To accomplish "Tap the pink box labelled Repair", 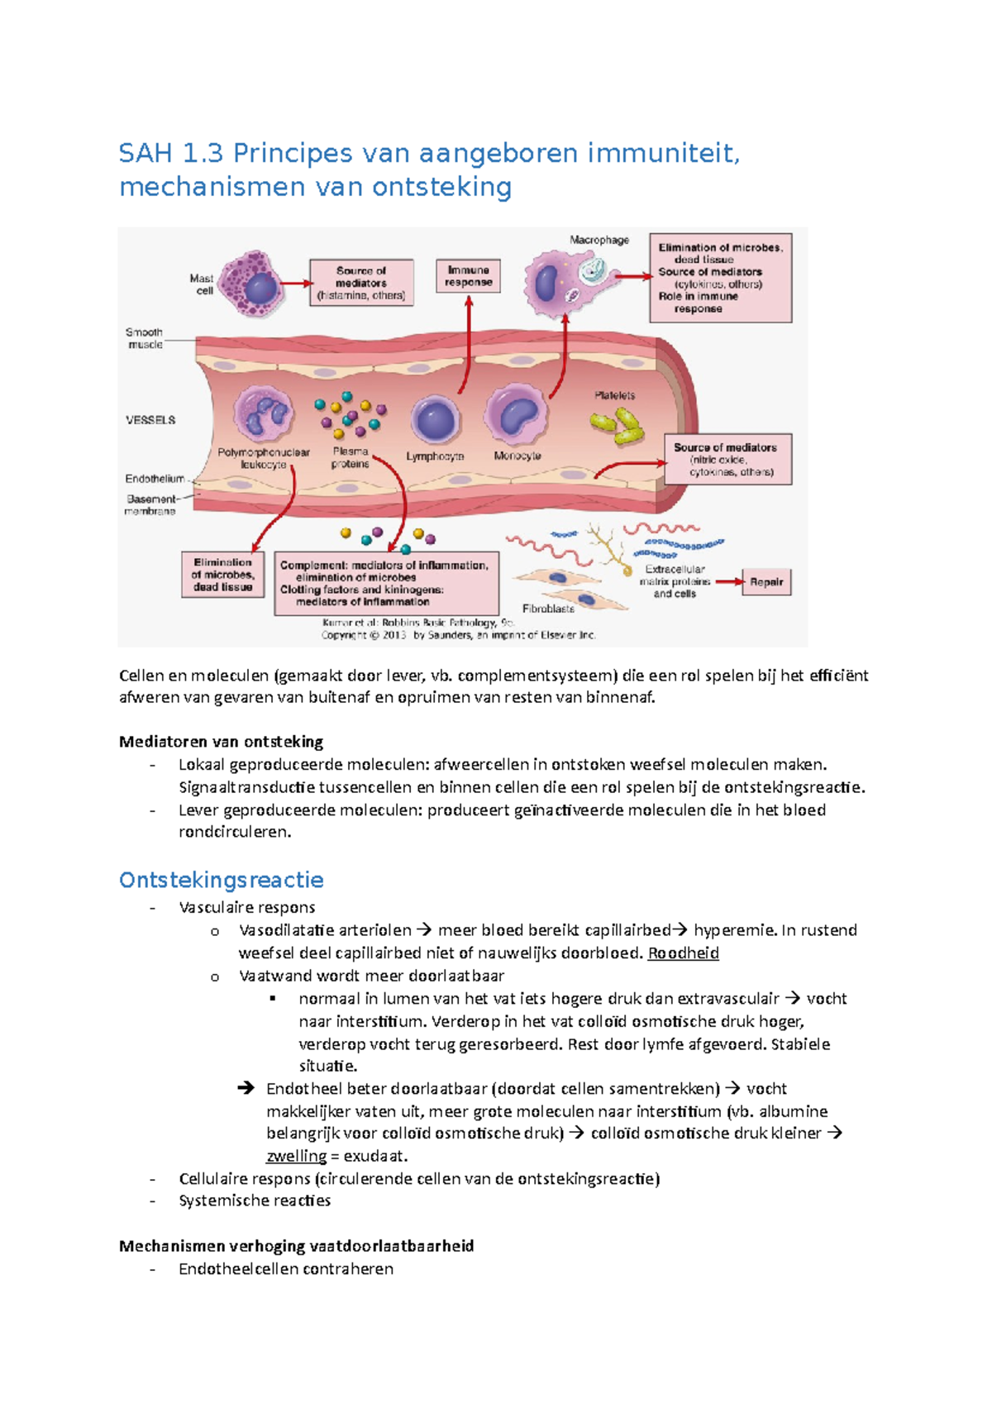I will [x=766, y=582].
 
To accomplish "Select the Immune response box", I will [x=468, y=277].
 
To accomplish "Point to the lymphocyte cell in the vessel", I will [x=435, y=420].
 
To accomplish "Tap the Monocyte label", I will [x=517, y=456].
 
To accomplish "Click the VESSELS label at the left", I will [x=150, y=420].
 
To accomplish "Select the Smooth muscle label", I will [x=145, y=338].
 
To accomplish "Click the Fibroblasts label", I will [x=548, y=609].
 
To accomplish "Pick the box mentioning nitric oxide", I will [x=727, y=460].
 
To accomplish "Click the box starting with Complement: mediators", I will [x=387, y=584].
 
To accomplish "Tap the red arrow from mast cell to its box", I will [x=295, y=284].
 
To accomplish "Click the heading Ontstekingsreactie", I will [x=221, y=880].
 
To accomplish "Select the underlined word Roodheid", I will [x=683, y=953].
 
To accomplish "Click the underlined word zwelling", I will [x=296, y=1156].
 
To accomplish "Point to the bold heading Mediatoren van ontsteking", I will [x=221, y=742].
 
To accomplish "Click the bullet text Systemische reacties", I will [x=255, y=1201].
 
